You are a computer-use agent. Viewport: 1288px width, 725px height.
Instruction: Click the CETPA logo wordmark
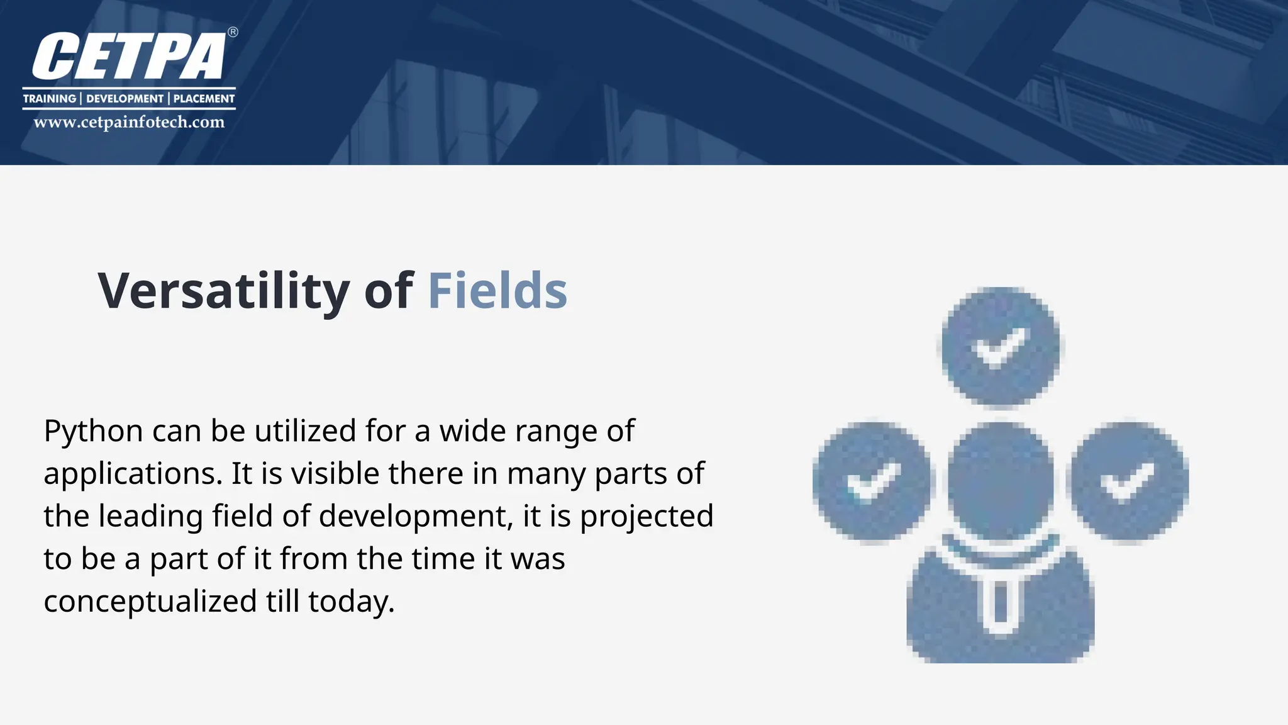click(129, 57)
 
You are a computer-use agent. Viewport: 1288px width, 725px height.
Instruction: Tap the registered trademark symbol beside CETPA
click(233, 32)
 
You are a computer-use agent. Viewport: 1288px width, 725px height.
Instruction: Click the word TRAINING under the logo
click(49, 99)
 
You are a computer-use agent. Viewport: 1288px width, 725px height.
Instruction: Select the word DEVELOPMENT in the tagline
click(125, 99)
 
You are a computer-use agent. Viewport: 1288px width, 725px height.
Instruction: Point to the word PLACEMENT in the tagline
click(204, 99)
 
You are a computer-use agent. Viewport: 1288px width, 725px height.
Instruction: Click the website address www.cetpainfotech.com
click(129, 122)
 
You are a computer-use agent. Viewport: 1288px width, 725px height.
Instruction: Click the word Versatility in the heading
click(223, 291)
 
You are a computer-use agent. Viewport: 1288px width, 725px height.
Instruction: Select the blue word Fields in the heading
click(497, 291)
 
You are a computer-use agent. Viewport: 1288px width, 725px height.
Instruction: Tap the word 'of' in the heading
click(388, 291)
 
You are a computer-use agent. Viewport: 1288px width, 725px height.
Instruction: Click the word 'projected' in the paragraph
click(646, 517)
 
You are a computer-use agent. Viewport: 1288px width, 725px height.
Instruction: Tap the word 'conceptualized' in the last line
click(150, 602)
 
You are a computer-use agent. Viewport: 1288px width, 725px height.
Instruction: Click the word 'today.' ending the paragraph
click(351, 602)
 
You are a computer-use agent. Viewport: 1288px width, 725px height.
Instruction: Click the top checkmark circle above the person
click(1000, 346)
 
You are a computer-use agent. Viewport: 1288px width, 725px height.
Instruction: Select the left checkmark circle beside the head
click(872, 482)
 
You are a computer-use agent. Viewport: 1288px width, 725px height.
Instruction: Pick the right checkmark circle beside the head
click(1130, 482)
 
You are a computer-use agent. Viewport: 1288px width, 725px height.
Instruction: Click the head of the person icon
click(1000, 481)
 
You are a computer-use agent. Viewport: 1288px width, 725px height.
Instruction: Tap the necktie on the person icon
click(999, 604)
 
